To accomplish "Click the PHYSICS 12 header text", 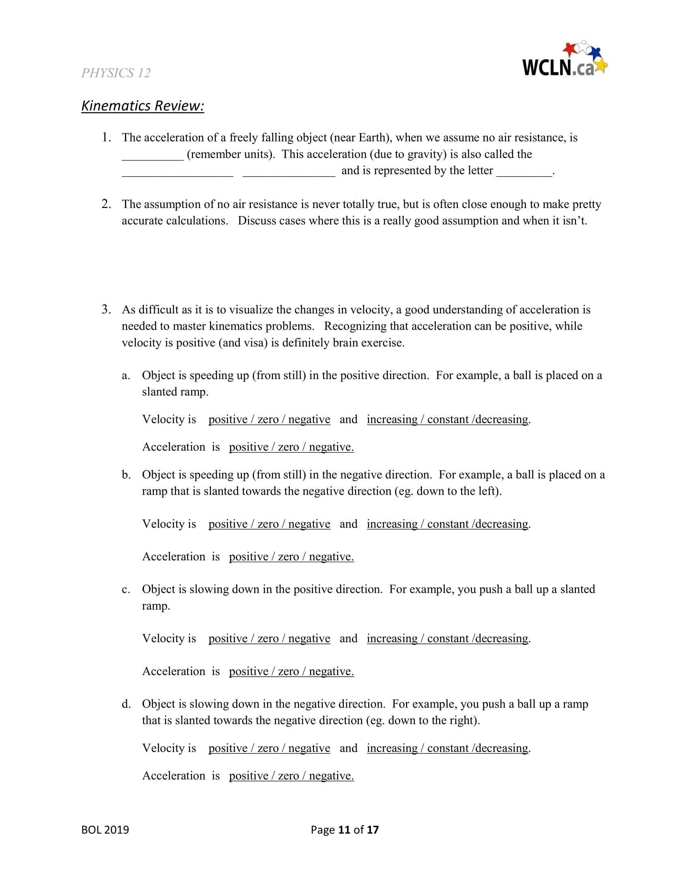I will pyautogui.click(x=116, y=73).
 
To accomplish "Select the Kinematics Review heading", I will pyautogui.click(x=142, y=106).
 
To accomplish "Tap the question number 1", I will pyautogui.click(x=106, y=137).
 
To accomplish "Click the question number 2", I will pyautogui.click(x=106, y=204).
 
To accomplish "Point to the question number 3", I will pyautogui.click(x=106, y=309).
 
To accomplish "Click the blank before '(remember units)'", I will pyautogui.click(x=153, y=155).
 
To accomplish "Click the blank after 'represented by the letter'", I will pyautogui.click(x=524, y=172).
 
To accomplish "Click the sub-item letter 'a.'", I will pyautogui.click(x=126, y=375).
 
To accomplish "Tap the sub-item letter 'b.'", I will pyautogui.click(x=126, y=475).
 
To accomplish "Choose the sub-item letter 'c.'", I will pyautogui.click(x=126, y=590).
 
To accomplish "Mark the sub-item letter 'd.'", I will pyautogui.click(x=126, y=704).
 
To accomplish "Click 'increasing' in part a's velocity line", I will pyautogui.click(x=392, y=420).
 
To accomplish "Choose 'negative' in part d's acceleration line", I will pyautogui.click(x=331, y=776).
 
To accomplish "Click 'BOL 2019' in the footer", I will pyautogui.click(x=105, y=830).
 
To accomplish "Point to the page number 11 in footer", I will pyautogui.click(x=344, y=830).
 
